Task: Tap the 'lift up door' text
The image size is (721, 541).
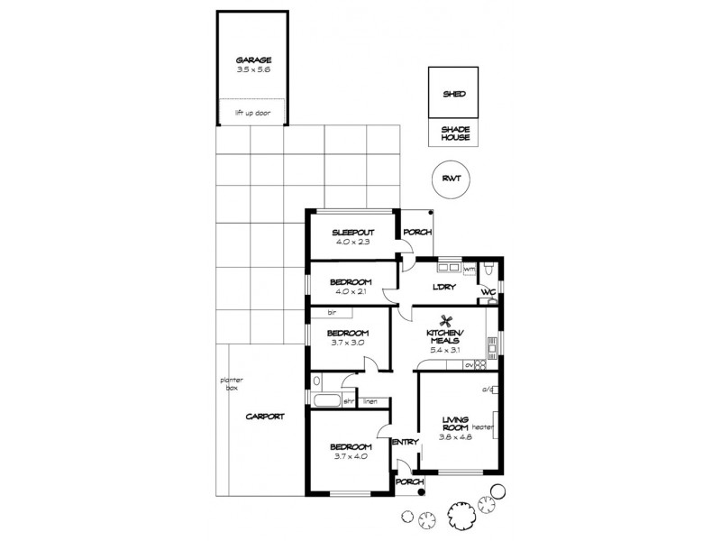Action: (252, 114)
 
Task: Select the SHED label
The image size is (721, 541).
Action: (454, 94)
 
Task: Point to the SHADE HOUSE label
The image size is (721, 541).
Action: (454, 134)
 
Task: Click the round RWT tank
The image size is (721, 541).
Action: (451, 179)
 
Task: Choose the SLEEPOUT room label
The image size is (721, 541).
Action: (352, 231)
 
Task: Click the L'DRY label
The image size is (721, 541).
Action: (443, 287)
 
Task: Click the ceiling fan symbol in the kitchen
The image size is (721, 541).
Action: (445, 320)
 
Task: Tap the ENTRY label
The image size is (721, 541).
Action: (406, 441)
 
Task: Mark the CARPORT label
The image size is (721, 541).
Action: (265, 417)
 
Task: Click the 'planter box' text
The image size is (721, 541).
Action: (232, 383)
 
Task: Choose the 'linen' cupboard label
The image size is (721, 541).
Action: (370, 401)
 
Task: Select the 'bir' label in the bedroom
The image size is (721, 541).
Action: (332, 313)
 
